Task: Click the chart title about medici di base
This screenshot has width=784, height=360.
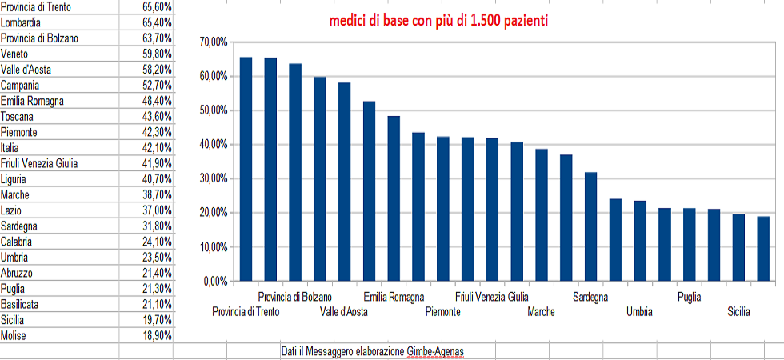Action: click(x=438, y=22)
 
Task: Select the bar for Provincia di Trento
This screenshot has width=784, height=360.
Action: click(x=246, y=169)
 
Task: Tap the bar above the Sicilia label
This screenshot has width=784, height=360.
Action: click(x=738, y=247)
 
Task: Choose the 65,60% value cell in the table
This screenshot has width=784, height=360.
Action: click(x=157, y=7)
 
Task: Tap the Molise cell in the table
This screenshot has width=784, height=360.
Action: click(x=14, y=336)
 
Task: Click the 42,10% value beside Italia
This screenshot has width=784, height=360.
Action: click(x=157, y=148)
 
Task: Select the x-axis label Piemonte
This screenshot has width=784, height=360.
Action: click(x=443, y=312)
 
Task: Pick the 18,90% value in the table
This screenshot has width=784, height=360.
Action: click(x=157, y=336)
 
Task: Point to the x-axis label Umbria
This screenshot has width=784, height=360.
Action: click(x=639, y=312)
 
